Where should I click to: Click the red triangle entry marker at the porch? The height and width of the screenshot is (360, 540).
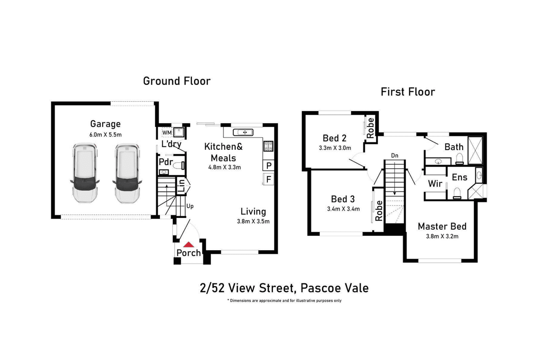pyautogui.click(x=188, y=245)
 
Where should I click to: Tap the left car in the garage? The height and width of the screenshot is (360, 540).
pyautogui.click(x=85, y=173)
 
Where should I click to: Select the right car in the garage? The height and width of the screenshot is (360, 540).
pyautogui.click(x=127, y=174)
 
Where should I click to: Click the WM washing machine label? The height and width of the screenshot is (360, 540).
pyautogui.click(x=167, y=132)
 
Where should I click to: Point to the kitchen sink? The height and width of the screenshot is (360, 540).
pyautogui.click(x=243, y=132)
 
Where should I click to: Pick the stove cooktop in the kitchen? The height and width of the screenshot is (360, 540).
pyautogui.click(x=268, y=146)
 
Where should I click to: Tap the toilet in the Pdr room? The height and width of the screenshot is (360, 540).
pyautogui.click(x=179, y=165)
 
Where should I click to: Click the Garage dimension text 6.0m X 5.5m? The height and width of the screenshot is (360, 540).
pyautogui.click(x=105, y=135)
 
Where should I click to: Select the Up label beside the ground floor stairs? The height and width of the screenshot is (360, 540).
pyautogui.click(x=190, y=206)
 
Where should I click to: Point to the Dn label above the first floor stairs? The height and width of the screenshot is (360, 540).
pyautogui.click(x=394, y=156)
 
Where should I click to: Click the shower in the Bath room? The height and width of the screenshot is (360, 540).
pyautogui.click(x=475, y=151)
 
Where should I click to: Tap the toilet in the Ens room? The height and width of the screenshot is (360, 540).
pyautogui.click(x=457, y=193)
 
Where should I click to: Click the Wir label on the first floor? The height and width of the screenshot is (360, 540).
pyautogui.click(x=435, y=184)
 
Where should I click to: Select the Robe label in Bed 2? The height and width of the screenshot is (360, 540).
pyautogui.click(x=371, y=128)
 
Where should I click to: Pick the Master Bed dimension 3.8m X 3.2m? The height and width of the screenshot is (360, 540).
pyautogui.click(x=442, y=236)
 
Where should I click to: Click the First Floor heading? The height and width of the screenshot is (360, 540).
pyautogui.click(x=408, y=92)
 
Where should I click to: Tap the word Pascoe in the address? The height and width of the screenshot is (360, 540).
pyautogui.click(x=320, y=288)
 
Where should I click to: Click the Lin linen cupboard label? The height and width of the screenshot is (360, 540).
pyautogui.click(x=182, y=186)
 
